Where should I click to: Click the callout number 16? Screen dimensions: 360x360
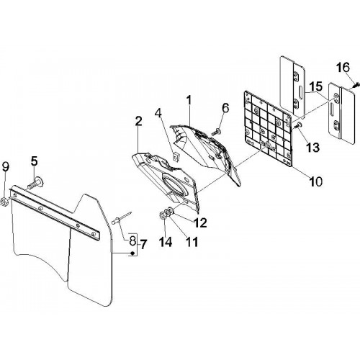(343, 67)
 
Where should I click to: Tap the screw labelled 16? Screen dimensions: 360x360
(356, 84)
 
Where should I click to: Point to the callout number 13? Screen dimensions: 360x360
(312, 147)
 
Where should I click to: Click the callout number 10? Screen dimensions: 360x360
(315, 181)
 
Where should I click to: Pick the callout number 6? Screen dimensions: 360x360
(225, 108)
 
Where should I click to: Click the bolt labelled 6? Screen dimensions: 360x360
(217, 132)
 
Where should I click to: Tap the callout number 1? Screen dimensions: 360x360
(189, 101)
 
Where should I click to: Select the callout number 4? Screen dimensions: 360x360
(158, 114)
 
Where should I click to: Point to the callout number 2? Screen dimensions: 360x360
(138, 122)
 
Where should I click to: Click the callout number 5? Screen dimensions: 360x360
(35, 161)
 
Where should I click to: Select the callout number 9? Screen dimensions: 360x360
(6, 166)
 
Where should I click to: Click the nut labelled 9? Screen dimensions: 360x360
(5, 202)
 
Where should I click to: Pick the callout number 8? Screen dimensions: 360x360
(132, 240)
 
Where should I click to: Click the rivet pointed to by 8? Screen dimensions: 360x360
(122, 217)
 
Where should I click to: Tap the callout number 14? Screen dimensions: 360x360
(166, 242)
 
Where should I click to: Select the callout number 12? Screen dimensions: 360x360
(199, 223)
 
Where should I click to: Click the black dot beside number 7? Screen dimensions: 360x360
(132, 253)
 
